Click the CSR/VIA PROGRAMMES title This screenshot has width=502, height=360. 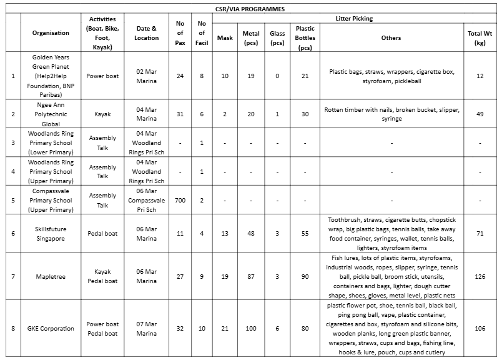pos(250,9)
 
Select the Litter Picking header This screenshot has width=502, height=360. pos(354,19)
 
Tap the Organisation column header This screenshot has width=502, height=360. pos(51,33)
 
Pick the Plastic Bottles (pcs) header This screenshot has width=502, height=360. pos(305,37)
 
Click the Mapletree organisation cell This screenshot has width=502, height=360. pos(51,276)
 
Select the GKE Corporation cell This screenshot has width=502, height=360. pos(51,329)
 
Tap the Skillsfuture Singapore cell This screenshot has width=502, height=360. pos(51,234)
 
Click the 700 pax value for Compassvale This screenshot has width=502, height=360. pos(180,200)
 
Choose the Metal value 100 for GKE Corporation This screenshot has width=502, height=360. pos(250,329)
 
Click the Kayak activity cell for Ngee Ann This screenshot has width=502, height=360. pos(102,114)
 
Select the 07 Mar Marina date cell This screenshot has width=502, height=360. pos(146,329)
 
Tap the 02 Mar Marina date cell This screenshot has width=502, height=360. pos(146,76)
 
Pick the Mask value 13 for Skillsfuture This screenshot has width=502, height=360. pos(224,234)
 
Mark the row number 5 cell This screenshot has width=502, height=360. pos(13,200)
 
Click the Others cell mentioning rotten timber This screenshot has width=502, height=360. pos(391,114)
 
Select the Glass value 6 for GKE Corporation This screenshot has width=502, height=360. pos(277,329)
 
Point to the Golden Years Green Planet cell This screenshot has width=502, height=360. pos(51,76)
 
